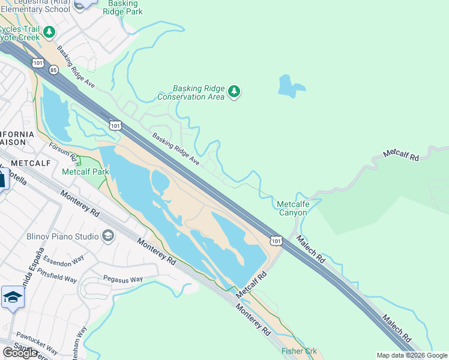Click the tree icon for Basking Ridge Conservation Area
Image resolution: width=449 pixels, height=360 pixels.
click(x=235, y=92)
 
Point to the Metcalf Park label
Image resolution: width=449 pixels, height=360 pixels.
click(x=85, y=172)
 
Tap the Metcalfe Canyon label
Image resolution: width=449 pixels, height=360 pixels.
click(x=292, y=208)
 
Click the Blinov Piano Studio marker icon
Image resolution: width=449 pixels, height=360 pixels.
click(x=108, y=236)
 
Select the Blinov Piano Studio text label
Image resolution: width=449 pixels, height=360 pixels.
click(x=62, y=236)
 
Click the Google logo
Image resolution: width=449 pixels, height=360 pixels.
click(x=20, y=353)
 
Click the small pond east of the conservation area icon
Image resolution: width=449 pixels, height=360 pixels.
click(x=291, y=86)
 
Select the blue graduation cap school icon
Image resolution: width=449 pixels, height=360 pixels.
click(x=13, y=298)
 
